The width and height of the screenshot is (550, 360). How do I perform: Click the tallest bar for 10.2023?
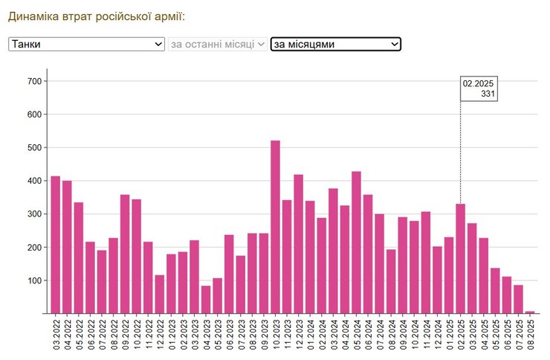[275, 227]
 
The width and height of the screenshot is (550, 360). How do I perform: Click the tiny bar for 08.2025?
[530, 312]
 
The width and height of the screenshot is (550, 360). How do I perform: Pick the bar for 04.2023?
[206, 300]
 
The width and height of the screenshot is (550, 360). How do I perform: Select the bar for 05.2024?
[356, 242]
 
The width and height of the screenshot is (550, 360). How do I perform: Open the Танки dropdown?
[86, 45]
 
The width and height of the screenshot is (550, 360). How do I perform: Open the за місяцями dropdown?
[335, 45]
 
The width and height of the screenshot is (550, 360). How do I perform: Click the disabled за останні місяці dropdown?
[218, 45]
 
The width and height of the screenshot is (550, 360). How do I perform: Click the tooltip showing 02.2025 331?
[479, 89]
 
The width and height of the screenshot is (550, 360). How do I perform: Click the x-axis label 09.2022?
[125, 335]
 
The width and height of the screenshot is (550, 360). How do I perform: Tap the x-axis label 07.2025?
[519, 335]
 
